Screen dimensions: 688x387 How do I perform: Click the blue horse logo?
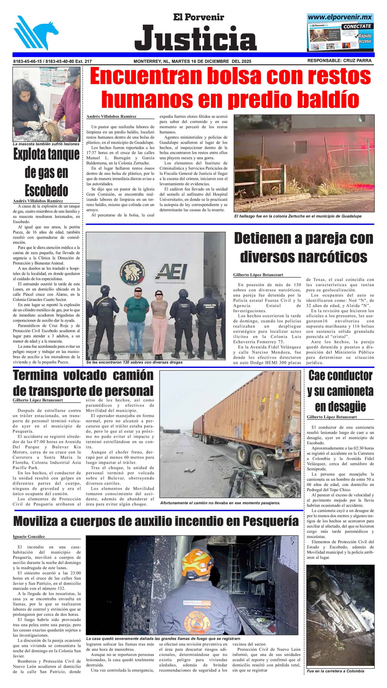coord(36,33)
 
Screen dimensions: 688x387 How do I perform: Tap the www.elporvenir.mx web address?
coord(340,17)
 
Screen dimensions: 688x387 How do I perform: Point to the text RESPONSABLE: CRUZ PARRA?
coord(339,61)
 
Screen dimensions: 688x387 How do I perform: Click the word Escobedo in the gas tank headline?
coord(46,190)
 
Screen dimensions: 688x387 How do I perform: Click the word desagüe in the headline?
coord(340,407)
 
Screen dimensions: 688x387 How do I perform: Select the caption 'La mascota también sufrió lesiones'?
coord(46,144)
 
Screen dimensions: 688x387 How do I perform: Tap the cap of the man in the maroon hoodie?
coord(72,75)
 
